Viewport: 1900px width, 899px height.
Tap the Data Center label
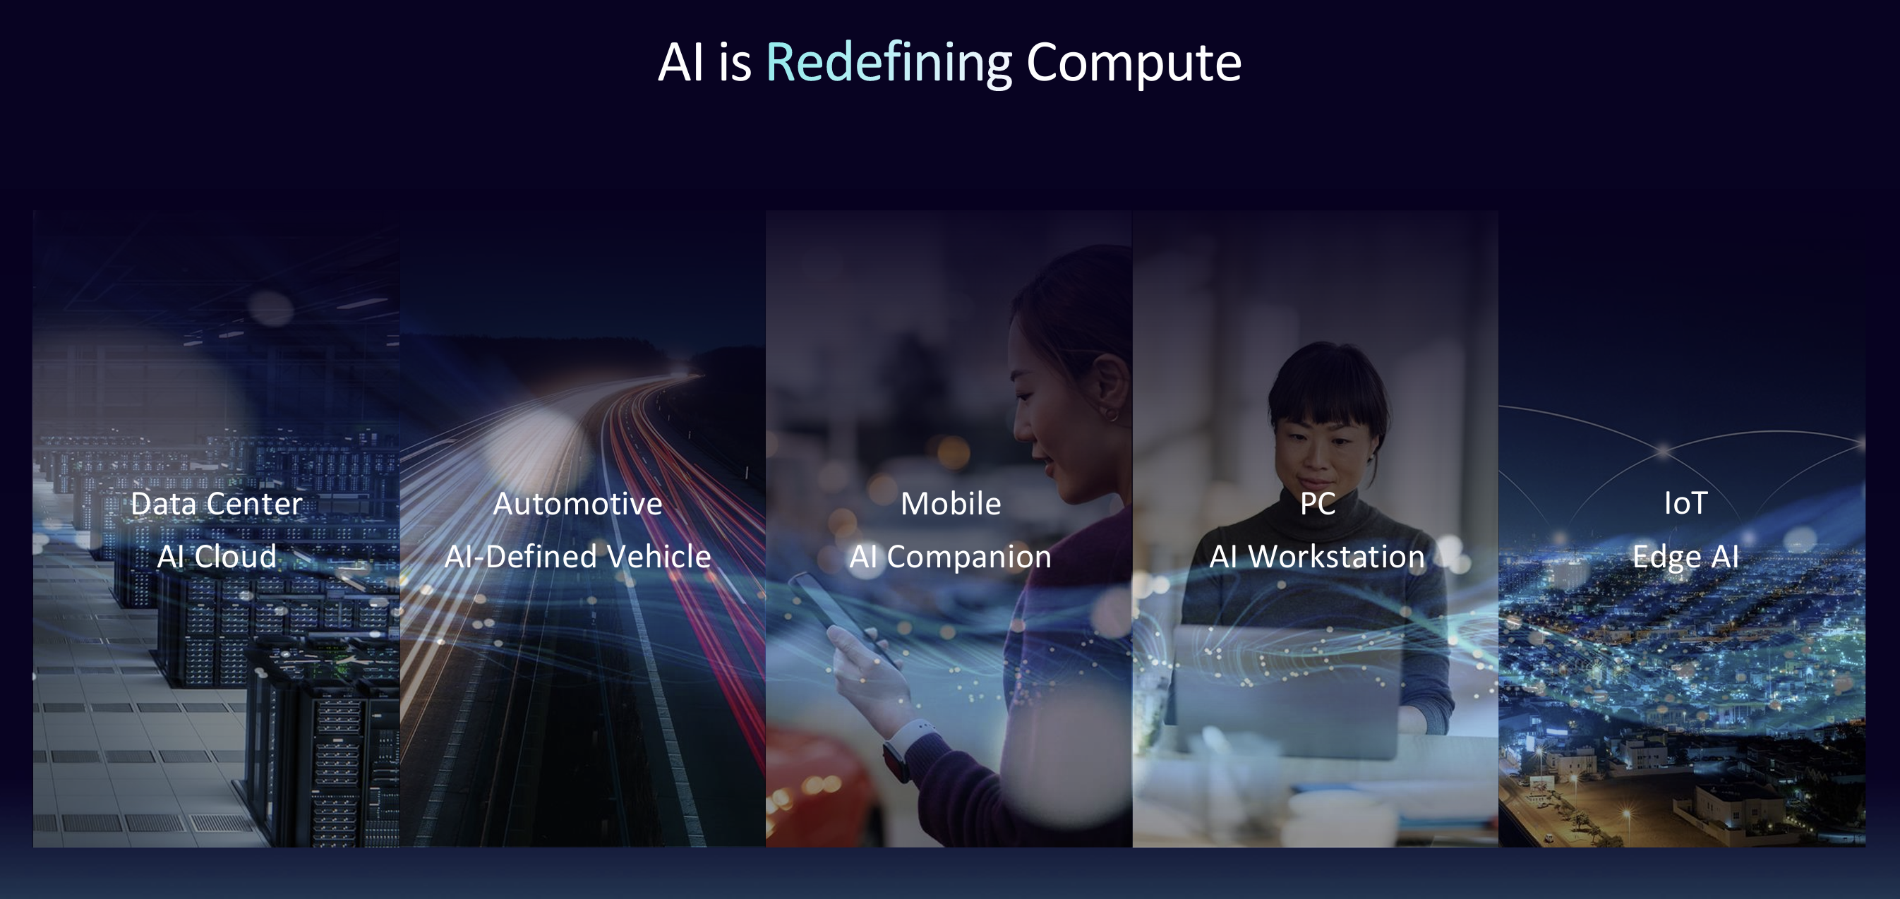pyautogui.click(x=216, y=504)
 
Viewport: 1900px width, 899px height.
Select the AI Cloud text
pyautogui.click(x=217, y=556)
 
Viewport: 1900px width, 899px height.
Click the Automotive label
pyautogui.click(x=577, y=504)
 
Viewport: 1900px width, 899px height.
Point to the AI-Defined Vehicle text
pyautogui.click(x=577, y=556)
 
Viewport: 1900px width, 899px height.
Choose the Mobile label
pyautogui.click(x=951, y=504)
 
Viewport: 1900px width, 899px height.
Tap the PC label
pyautogui.click(x=1317, y=504)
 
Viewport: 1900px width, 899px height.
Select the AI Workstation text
pyautogui.click(x=1316, y=556)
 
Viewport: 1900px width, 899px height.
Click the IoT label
pyautogui.click(x=1685, y=504)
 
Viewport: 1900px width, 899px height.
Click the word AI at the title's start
pyautogui.click(x=680, y=63)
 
